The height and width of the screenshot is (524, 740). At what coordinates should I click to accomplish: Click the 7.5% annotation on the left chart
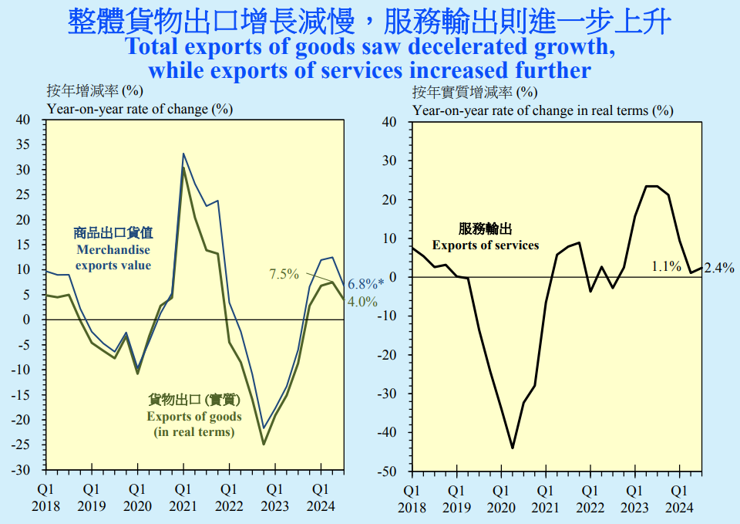[284, 273]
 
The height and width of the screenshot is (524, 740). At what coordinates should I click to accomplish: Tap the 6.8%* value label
[365, 284]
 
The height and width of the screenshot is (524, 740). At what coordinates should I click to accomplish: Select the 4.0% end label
[362, 302]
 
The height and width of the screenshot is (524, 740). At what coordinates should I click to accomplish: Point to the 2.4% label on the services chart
[718, 269]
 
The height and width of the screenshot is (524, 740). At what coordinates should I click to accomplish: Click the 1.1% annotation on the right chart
[665, 266]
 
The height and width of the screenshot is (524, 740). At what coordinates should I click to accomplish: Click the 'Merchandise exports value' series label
[113, 248]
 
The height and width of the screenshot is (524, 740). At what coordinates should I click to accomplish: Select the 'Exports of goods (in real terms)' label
[194, 415]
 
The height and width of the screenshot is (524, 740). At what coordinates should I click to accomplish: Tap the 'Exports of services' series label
[485, 237]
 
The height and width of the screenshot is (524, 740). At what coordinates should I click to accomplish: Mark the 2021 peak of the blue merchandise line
[183, 154]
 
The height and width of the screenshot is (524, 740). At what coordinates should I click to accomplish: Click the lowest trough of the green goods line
[264, 444]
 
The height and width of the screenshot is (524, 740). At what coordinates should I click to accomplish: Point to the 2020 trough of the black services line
[513, 448]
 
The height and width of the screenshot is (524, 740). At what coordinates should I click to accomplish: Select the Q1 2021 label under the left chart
[183, 497]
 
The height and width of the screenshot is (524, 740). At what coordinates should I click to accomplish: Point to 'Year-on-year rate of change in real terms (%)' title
[543, 110]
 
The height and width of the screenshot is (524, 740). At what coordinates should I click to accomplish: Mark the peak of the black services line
[651, 186]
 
